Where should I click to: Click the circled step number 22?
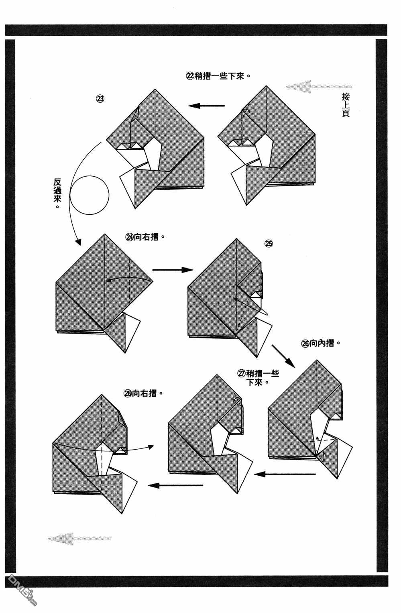(189, 76)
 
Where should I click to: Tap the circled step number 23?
(100, 99)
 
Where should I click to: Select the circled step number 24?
(130, 237)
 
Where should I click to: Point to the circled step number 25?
(269, 244)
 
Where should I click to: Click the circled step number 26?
(305, 343)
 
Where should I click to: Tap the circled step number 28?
(128, 393)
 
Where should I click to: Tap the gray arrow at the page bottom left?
(79, 539)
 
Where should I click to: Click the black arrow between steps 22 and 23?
(207, 106)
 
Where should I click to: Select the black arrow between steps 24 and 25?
(173, 270)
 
